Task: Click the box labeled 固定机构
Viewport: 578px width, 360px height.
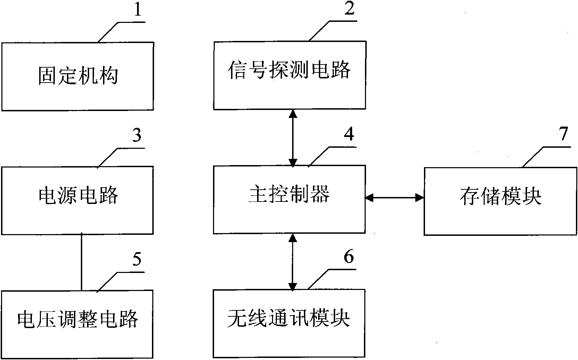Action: coord(77,76)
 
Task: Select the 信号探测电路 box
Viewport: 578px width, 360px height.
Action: coord(289,75)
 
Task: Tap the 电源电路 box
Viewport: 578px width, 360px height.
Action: coord(77,200)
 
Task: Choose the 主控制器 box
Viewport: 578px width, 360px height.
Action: coord(289,199)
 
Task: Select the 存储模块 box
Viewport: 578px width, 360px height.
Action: coord(500,201)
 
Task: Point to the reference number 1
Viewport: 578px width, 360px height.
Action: coord(138,10)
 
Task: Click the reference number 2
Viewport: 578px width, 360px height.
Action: coord(349,9)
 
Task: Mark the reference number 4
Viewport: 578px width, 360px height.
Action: coord(349,134)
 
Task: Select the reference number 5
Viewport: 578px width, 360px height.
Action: coord(137,259)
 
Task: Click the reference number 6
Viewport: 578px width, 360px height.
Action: coord(349,257)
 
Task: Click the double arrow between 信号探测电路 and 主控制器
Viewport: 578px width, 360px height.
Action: coord(293,138)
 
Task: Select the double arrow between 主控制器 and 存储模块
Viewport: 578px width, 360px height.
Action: coord(394,198)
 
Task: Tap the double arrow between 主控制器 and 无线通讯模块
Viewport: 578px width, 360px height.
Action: coord(293,262)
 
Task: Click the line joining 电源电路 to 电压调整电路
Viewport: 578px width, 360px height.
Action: coord(82,262)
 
